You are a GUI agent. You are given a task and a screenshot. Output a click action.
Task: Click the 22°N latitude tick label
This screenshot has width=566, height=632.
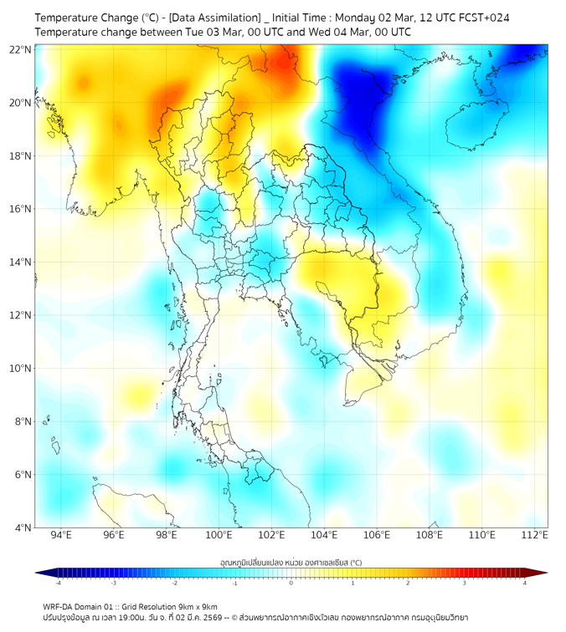click(x=20, y=49)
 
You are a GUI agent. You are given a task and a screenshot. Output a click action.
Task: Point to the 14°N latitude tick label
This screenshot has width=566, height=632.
click(x=20, y=262)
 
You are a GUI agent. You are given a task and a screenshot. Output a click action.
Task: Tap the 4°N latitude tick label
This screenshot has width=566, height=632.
click(x=23, y=528)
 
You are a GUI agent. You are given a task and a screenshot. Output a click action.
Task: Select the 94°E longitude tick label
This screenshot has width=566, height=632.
click(x=61, y=535)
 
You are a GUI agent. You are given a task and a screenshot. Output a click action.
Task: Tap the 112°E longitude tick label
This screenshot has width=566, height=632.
click(x=534, y=535)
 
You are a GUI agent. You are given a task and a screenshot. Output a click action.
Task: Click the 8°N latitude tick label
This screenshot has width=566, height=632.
click(x=23, y=421)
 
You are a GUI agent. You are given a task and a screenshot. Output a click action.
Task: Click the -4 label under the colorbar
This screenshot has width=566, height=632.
click(x=57, y=583)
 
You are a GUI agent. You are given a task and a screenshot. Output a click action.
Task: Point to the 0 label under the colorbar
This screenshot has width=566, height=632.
click(x=291, y=583)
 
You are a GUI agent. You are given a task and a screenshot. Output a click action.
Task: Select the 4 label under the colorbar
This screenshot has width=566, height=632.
click(x=525, y=583)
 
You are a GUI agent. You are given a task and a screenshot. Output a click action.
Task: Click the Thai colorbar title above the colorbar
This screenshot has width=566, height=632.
click(x=291, y=563)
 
